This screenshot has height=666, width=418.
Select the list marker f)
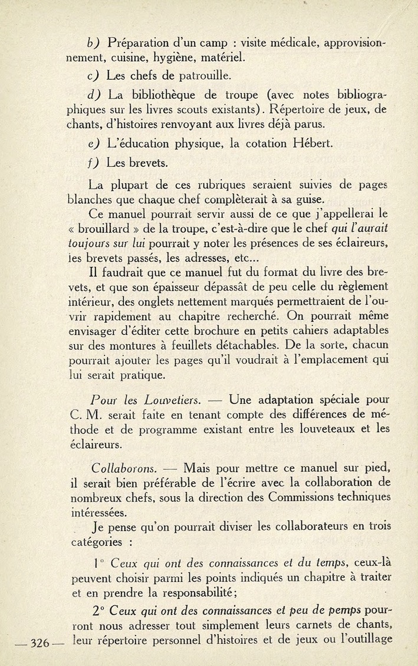(x=93, y=163)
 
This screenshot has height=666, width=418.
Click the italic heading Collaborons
(x=124, y=469)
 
